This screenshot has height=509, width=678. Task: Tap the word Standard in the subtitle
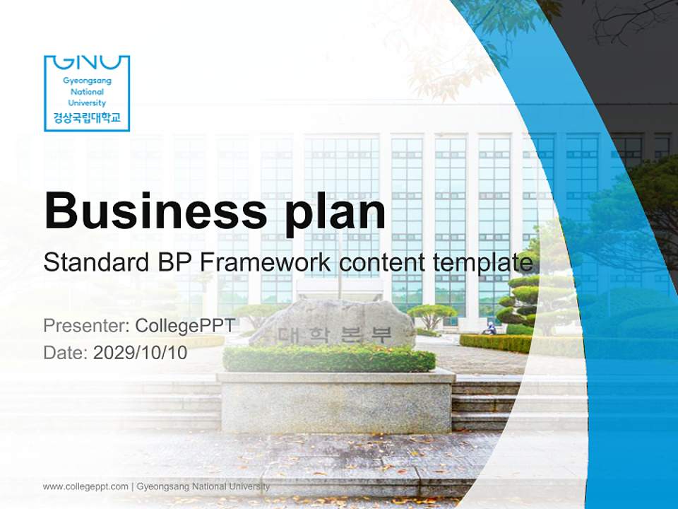tap(95, 262)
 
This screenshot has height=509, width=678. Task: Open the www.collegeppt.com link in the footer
tap(85, 486)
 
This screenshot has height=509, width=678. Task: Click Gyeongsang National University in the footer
tap(203, 486)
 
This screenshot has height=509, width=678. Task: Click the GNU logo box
tap(87, 93)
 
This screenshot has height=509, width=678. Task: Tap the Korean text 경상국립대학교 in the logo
tap(87, 118)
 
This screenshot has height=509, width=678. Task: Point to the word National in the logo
tap(87, 92)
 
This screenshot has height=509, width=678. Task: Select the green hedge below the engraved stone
tap(329, 359)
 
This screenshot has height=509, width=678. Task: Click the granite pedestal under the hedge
tap(335, 402)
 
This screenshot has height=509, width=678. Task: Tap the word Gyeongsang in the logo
tap(87, 81)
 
